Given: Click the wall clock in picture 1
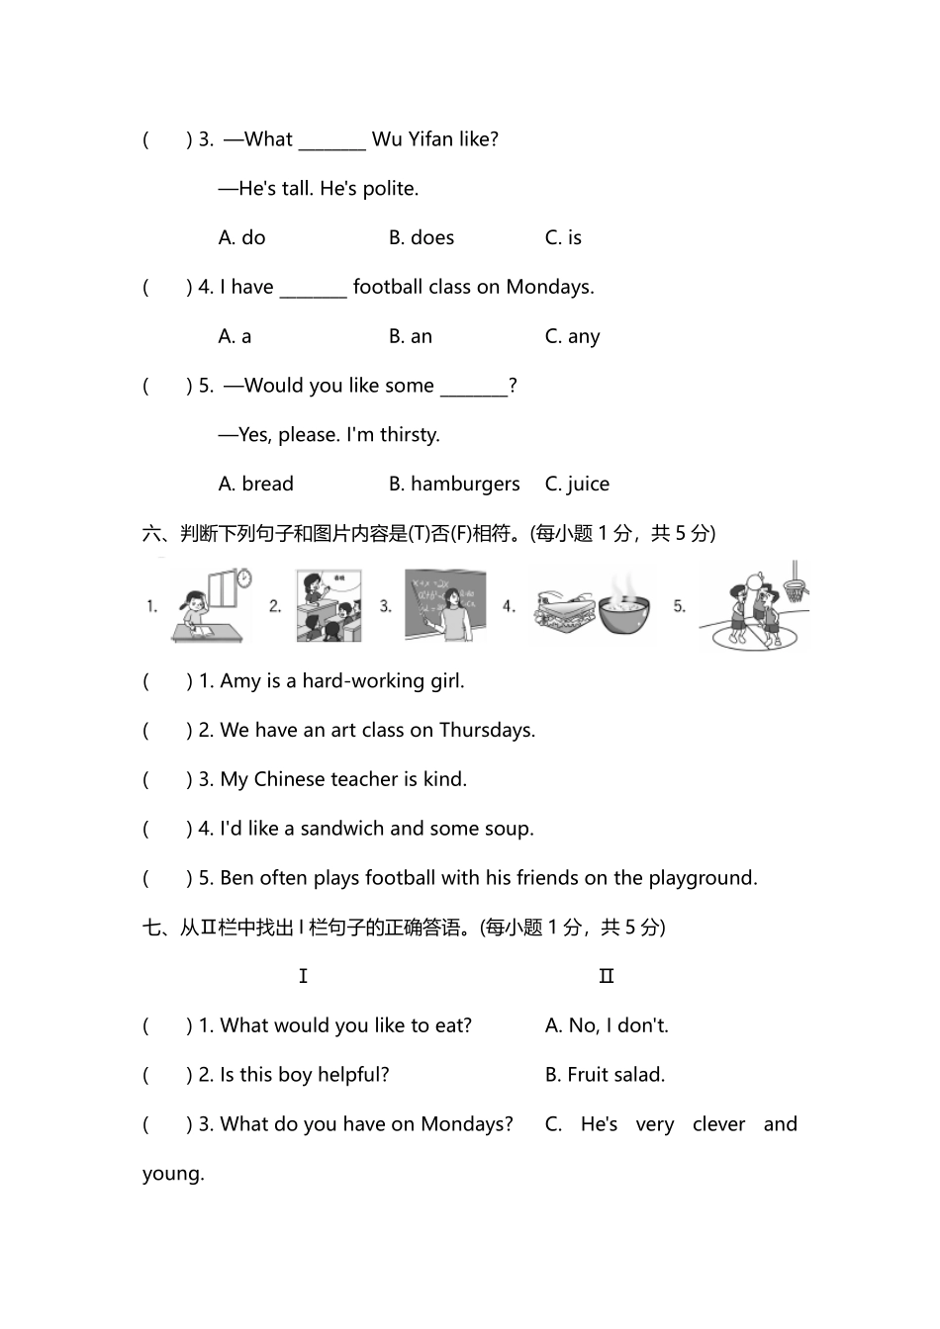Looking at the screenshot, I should (x=243, y=578).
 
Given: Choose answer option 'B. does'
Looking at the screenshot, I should (x=421, y=237).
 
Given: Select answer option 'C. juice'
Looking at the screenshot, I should (x=577, y=484).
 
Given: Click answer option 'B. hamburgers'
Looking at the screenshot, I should (x=453, y=484).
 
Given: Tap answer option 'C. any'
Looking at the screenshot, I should (x=572, y=336).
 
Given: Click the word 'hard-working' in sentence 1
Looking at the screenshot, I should (x=357, y=680).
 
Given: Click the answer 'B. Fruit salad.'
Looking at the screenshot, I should (x=605, y=1075).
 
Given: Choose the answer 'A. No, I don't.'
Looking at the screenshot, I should (x=607, y=1025).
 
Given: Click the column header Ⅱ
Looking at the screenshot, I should (x=607, y=976).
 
